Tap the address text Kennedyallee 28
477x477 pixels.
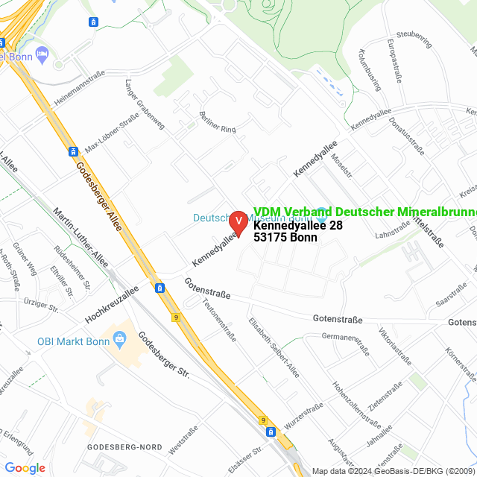pos(297,226)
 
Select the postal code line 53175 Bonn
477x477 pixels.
pos(285,238)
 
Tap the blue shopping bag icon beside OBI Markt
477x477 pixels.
pos(119,341)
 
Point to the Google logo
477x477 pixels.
pos(25,467)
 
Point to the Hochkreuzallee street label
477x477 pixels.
pos(112,305)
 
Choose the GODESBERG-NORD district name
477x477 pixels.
pos(119,446)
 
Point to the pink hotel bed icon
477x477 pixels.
pos(42,54)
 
